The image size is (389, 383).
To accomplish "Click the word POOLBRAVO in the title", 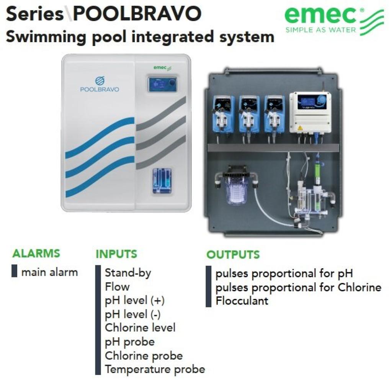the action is (137, 14).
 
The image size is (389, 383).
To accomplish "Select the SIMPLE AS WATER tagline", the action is (321, 30).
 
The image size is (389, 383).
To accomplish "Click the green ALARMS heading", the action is (36, 254).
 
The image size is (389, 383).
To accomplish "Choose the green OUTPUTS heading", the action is (233, 255).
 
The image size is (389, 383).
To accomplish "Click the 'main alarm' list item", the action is (49, 272).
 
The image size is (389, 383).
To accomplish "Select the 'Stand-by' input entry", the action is (128, 273).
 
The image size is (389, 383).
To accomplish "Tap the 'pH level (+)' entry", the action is (135, 301).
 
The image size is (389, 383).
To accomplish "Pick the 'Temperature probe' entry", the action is (155, 369).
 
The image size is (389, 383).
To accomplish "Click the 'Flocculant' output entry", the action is (242, 301).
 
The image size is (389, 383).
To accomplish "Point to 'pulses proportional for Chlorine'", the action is (298, 287).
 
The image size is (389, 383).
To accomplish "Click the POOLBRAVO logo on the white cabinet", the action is (100, 85).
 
